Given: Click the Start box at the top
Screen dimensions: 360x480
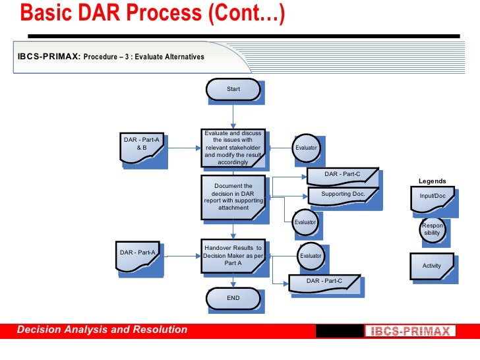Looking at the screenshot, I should pyautogui.click(x=233, y=89).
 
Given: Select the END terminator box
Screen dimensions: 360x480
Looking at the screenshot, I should pyautogui.click(x=233, y=298).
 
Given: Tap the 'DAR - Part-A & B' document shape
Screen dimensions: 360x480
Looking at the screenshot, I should pyautogui.click(x=141, y=145).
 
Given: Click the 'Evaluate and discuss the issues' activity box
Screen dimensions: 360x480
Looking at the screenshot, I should pyautogui.click(x=233, y=147).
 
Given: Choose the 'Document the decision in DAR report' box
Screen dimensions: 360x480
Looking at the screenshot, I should pyautogui.click(x=233, y=197).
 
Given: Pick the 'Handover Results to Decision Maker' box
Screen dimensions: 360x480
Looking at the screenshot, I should pyautogui.click(x=233, y=255).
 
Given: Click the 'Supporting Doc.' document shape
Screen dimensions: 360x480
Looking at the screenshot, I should pyautogui.click(x=343, y=195).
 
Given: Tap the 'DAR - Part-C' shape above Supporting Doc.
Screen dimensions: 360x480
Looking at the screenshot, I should pyautogui.click(x=342, y=175).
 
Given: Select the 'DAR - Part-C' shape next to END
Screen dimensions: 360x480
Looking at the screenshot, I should pyautogui.click(x=324, y=282).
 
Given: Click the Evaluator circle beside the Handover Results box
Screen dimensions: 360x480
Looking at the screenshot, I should pyautogui.click(x=311, y=256).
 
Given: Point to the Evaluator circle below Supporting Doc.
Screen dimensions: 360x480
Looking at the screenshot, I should pyautogui.click(x=305, y=223).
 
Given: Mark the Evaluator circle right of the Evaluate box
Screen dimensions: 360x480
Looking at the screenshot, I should pyautogui.click(x=306, y=148).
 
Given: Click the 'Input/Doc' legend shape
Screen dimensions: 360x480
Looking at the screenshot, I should pyautogui.click(x=433, y=197).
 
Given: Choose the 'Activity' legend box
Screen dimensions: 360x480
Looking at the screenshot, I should pyautogui.click(x=432, y=266).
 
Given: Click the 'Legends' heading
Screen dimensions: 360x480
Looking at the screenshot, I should pyautogui.click(x=433, y=181).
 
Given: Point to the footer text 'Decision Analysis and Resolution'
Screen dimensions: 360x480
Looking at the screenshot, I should pyautogui.click(x=102, y=330).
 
